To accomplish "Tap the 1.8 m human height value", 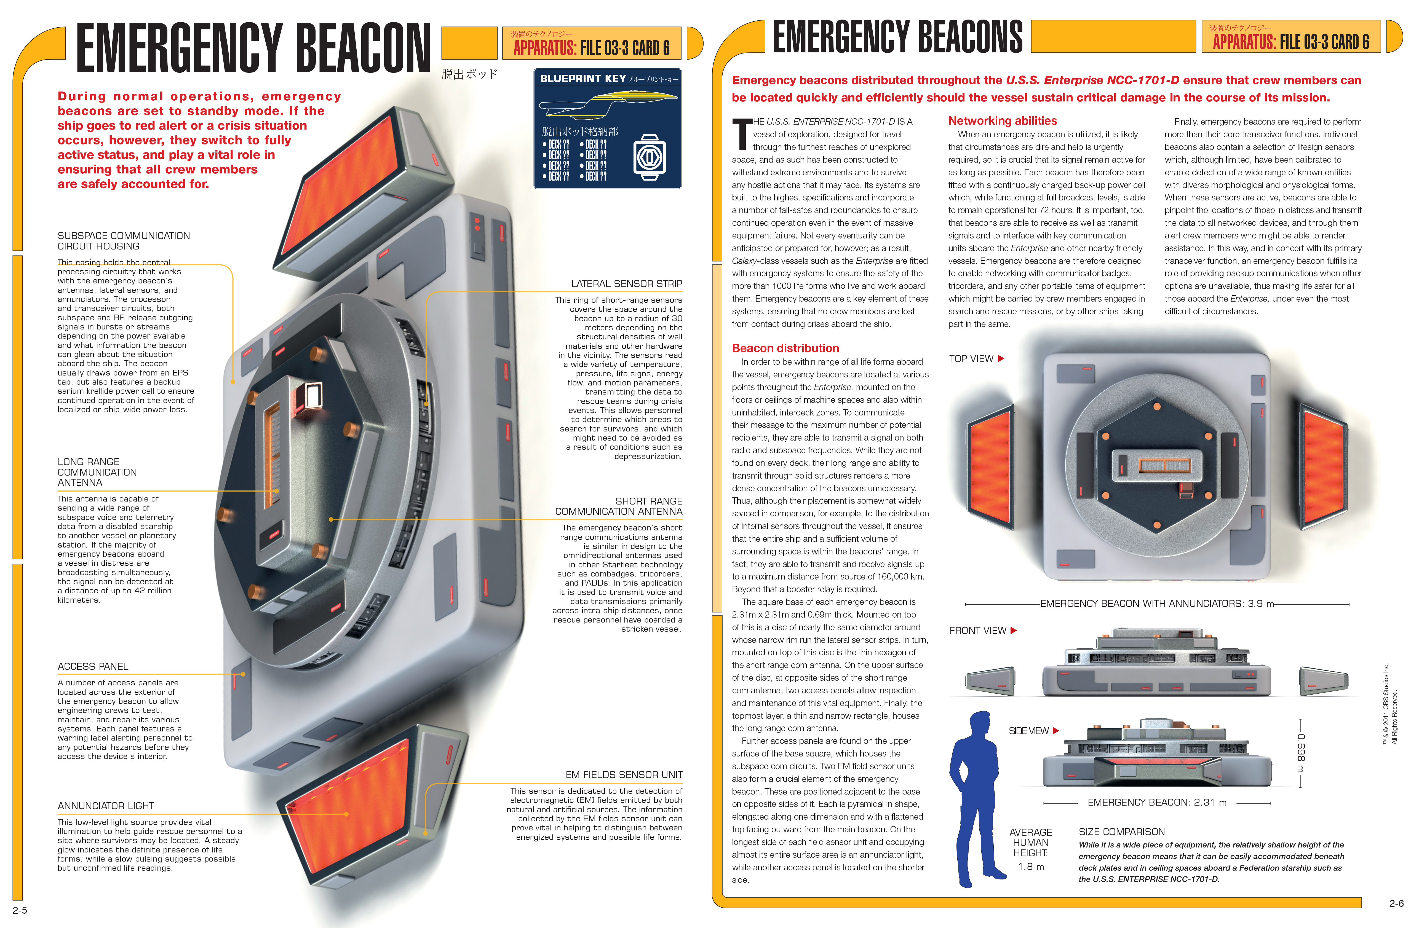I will click(1031, 866).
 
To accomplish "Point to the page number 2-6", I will click(1396, 904).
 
